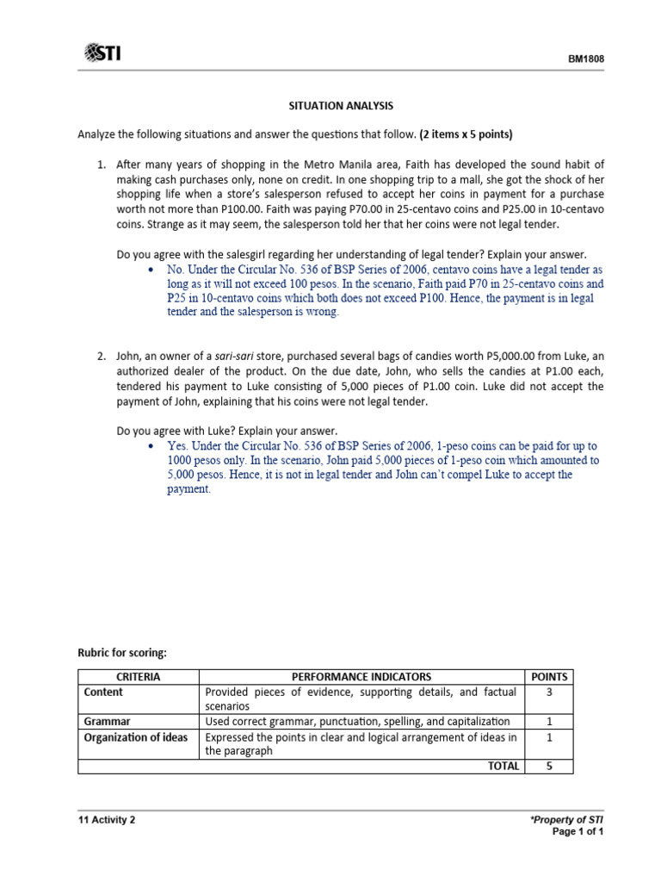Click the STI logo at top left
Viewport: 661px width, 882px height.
click(x=102, y=54)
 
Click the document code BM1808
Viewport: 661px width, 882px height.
click(x=584, y=59)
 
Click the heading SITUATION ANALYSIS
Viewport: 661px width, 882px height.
click(x=340, y=105)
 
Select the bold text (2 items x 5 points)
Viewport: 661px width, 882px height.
click(x=466, y=134)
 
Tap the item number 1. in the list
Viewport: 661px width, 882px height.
click(x=101, y=164)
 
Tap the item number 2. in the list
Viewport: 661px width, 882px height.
click(x=101, y=355)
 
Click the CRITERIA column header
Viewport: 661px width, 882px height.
click(x=138, y=677)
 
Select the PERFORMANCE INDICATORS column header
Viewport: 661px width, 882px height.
click(x=361, y=677)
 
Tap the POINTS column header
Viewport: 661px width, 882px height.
click(x=549, y=677)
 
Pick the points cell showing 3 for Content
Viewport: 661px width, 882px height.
click(x=549, y=692)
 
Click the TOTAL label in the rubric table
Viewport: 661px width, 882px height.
click(x=503, y=766)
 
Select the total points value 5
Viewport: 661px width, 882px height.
click(x=549, y=766)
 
